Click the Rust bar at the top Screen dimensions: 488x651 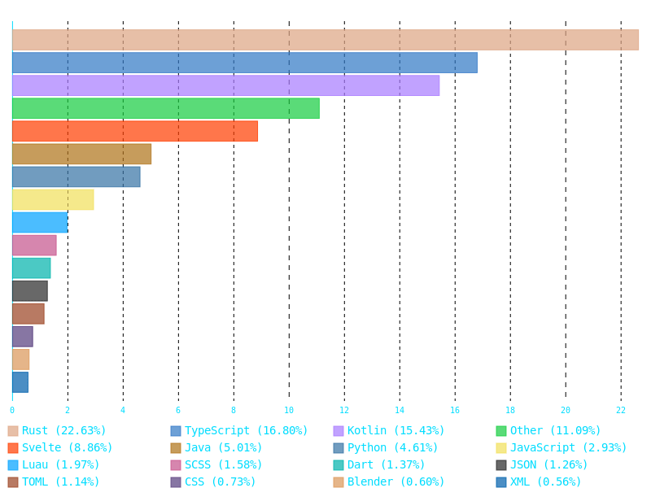325,40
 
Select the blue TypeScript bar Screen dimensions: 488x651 244,63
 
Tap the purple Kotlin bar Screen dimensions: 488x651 225,85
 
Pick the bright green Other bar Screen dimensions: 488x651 165,108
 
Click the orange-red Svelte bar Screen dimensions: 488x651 134,131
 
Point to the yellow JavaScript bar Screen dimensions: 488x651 53,199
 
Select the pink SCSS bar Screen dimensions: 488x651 34,245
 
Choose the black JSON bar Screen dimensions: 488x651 29,290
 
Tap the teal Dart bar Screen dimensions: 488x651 31,268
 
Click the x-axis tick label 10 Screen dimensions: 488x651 288,410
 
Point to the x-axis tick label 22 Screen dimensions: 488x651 620,410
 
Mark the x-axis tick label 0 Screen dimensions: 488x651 11,410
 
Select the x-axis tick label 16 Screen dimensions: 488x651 454,410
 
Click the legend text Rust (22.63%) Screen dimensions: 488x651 63,431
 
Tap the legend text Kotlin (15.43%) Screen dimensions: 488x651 395,431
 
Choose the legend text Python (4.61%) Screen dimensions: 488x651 392,448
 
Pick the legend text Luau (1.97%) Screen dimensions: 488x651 60,465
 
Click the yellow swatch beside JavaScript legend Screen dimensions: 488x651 501,448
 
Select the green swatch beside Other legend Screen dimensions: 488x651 501,431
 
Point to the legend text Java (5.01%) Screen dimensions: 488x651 223,448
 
